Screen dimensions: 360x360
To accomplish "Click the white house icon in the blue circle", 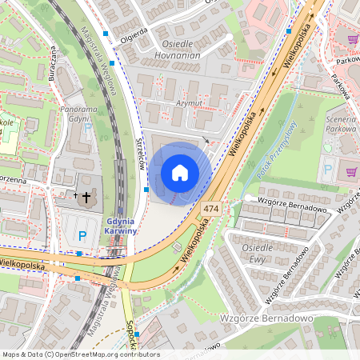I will [180, 173].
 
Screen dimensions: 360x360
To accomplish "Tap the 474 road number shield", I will [211, 208].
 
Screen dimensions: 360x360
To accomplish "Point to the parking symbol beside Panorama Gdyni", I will [88, 127].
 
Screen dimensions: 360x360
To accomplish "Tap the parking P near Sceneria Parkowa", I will [326, 170].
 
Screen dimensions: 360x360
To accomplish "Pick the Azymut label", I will [190, 104].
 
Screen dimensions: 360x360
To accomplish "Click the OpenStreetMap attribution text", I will [80, 354].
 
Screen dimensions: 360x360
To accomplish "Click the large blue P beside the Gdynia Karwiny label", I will [82, 236].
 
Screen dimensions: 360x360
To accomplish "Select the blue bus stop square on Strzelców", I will [146, 190].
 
